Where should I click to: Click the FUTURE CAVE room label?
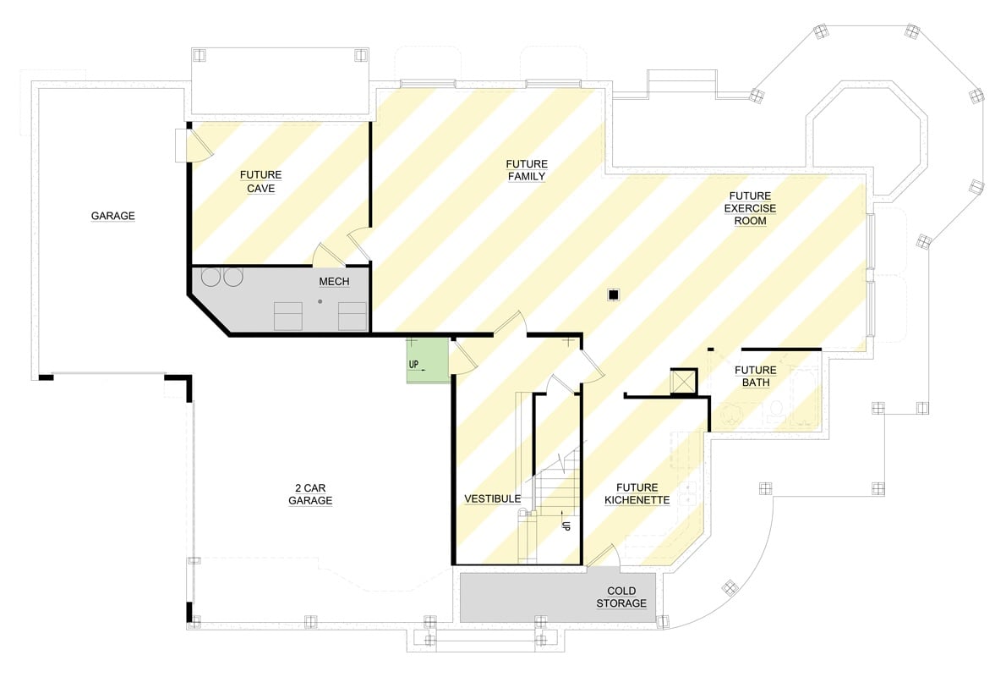[260, 182]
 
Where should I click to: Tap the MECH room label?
[333, 282]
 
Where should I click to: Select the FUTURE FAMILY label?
[526, 170]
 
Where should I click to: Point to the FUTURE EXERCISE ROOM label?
[750, 208]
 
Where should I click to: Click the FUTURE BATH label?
[755, 377]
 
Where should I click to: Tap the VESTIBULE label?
[492, 499]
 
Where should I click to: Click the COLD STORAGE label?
[626, 597]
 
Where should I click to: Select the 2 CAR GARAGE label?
[310, 494]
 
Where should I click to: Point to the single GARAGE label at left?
[112, 216]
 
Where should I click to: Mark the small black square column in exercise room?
[615, 294]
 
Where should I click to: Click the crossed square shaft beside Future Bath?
[681, 382]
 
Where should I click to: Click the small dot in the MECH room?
[320, 300]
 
